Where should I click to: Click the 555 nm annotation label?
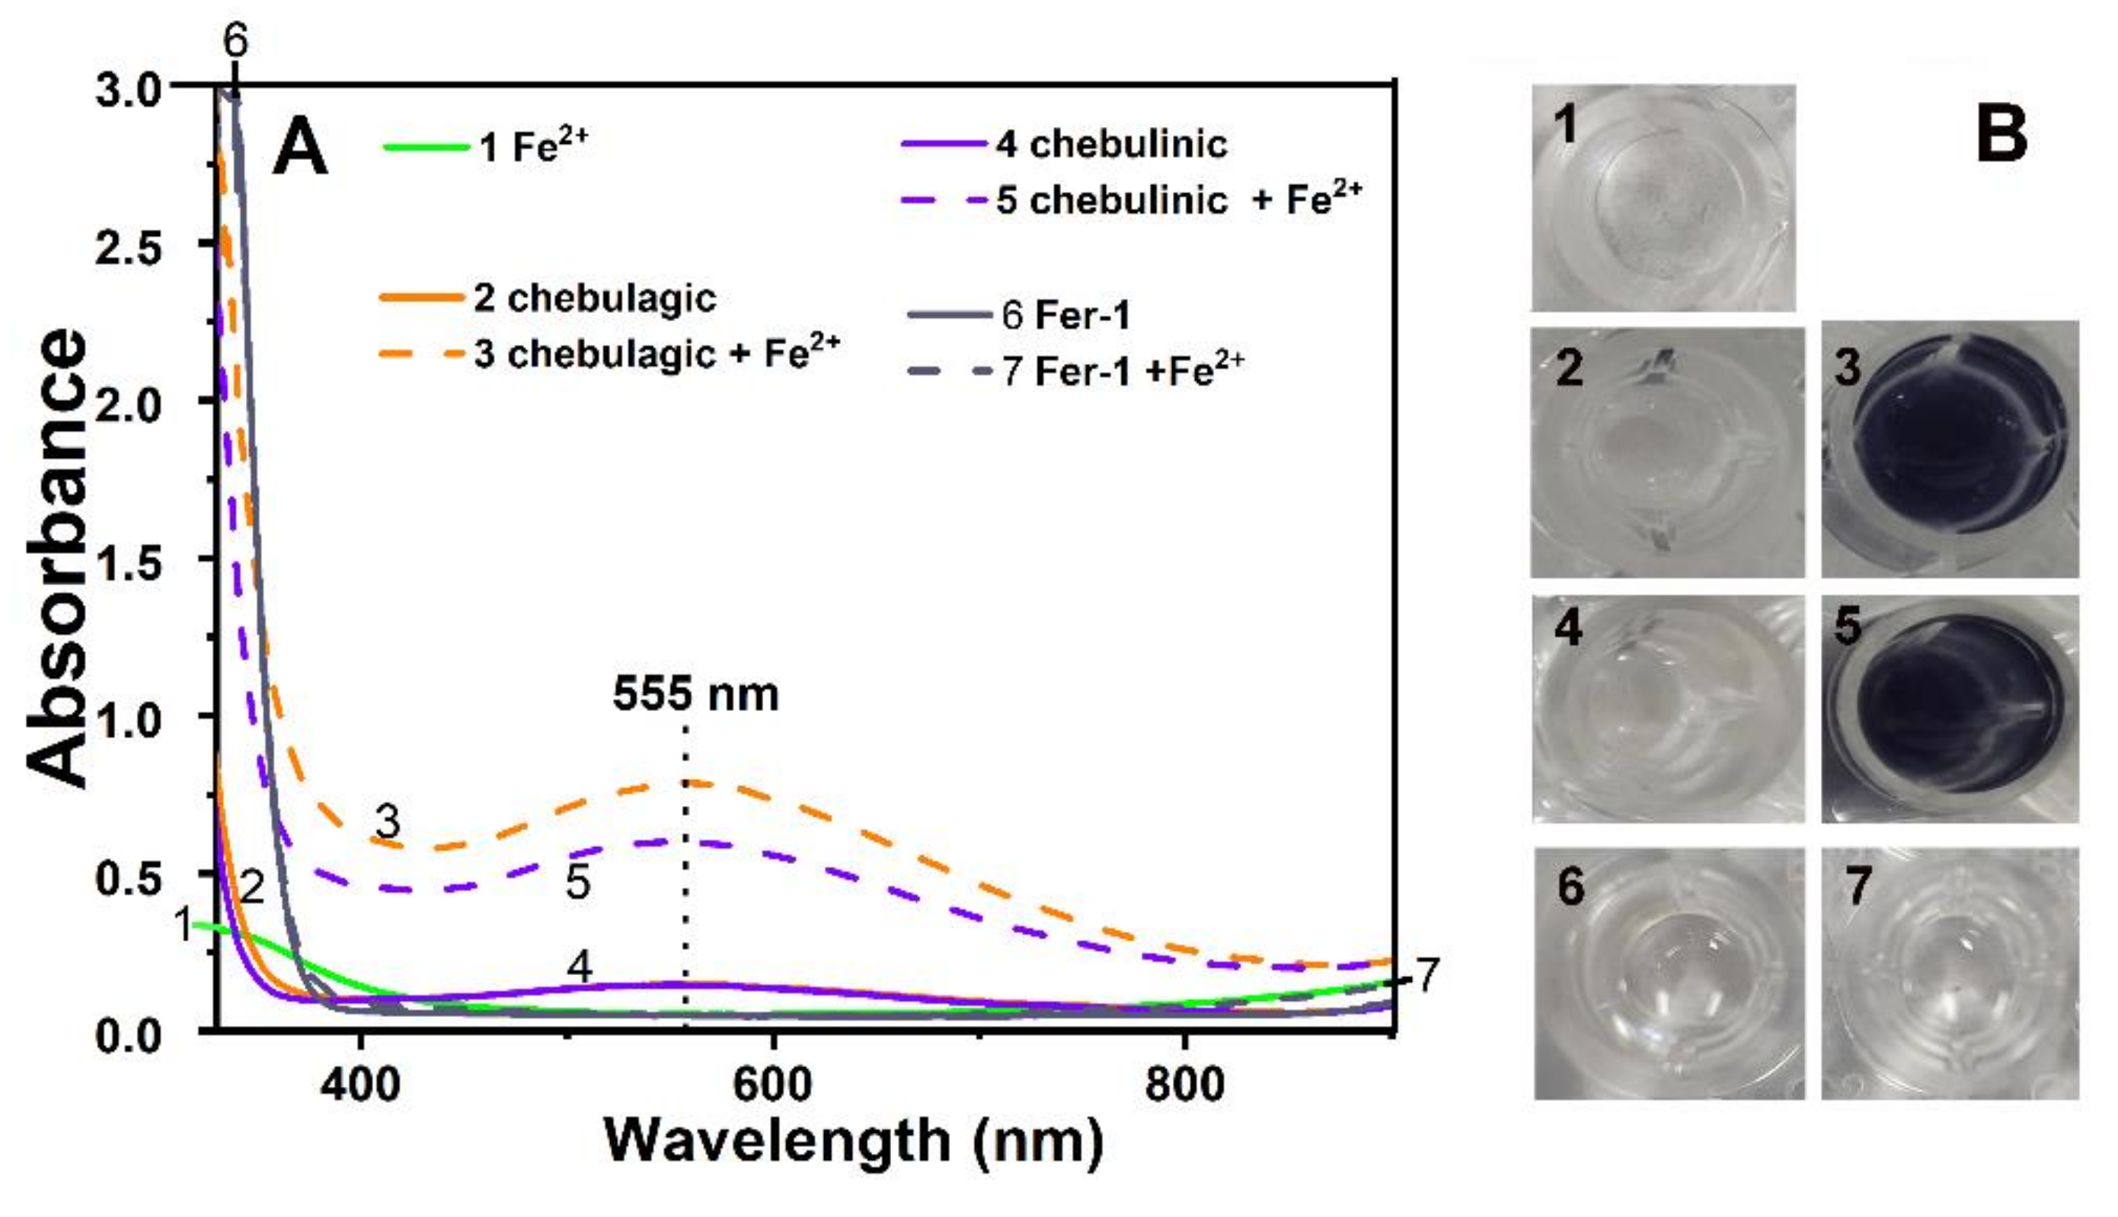coord(695,695)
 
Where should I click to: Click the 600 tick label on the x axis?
coord(771,1084)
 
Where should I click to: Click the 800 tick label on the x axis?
coord(1185,1084)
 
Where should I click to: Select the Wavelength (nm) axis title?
coord(853,1141)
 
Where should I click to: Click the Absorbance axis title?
coord(57,559)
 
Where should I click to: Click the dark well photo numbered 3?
coord(1950,449)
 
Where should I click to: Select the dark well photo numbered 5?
coord(1950,709)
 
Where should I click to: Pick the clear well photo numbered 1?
coord(1663,198)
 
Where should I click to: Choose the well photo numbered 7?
coord(1950,973)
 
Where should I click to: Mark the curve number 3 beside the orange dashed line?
coord(387,823)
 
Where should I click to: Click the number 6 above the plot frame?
coord(236,40)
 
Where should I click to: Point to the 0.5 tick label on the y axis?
coord(128,878)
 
